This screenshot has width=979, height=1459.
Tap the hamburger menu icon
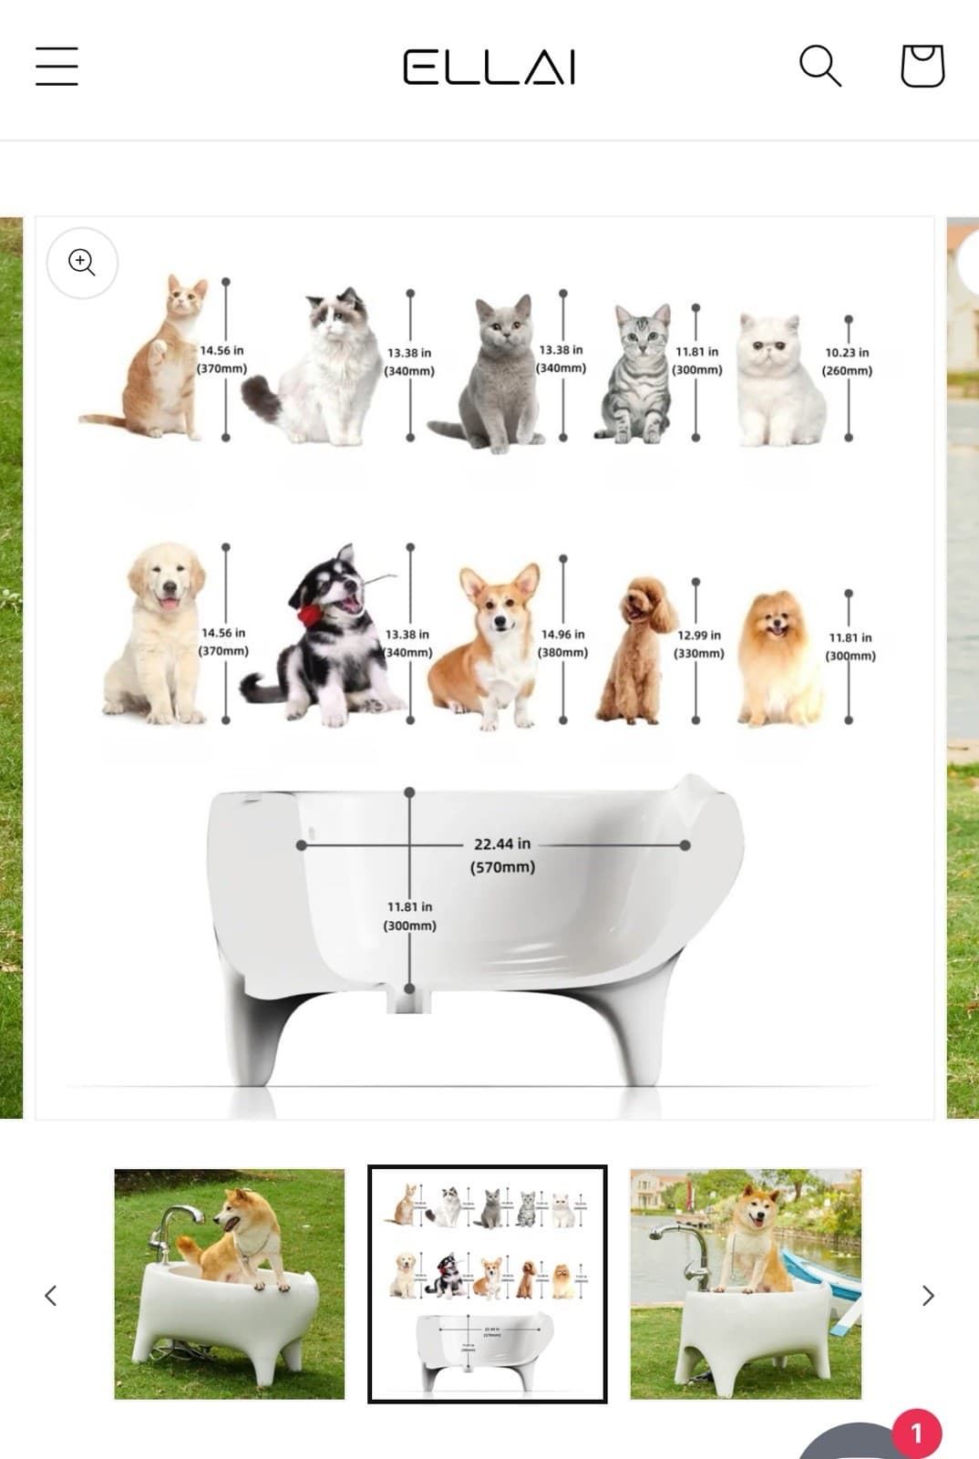click(57, 67)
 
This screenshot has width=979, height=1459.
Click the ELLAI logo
click(489, 67)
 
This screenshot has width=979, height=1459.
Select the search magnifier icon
click(819, 66)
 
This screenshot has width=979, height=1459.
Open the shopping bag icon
click(922, 66)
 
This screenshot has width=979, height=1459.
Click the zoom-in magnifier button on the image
click(82, 263)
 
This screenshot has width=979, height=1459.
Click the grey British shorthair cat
click(497, 378)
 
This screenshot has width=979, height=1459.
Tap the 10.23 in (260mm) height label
click(847, 361)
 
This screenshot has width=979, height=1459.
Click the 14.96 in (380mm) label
click(562, 643)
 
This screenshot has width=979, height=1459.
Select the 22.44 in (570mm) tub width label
click(502, 855)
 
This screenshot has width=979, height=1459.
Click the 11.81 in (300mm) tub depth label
click(409, 916)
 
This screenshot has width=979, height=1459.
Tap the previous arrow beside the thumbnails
click(51, 1295)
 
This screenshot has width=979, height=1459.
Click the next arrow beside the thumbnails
click(928, 1295)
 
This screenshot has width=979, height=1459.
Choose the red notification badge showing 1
click(916, 1433)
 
